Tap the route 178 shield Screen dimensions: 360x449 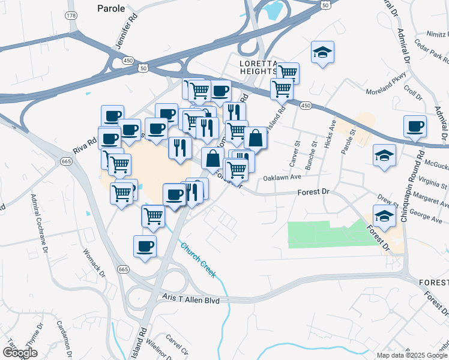tap(72, 15)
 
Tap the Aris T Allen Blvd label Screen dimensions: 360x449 tap(191, 299)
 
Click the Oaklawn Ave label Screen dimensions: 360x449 tap(282, 178)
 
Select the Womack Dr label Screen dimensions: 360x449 tap(94, 263)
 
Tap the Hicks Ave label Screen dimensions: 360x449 tap(329, 139)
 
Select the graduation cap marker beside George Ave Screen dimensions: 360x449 tap(384, 215)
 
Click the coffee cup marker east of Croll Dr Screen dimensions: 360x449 tap(415, 126)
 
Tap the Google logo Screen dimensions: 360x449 tap(20, 353)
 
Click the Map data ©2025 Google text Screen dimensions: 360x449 tap(412, 355)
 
